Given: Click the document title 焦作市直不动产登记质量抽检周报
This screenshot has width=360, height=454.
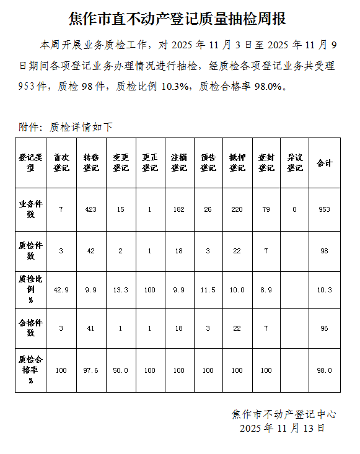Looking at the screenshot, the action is click(180, 19).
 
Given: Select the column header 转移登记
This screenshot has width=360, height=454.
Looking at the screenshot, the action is click(90, 162).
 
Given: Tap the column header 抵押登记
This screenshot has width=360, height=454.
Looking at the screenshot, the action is click(237, 162).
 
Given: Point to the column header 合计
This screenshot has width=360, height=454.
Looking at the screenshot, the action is click(324, 162).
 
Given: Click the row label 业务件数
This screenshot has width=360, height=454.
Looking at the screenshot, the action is click(31, 209).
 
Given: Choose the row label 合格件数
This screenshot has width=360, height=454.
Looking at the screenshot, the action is click(31, 328).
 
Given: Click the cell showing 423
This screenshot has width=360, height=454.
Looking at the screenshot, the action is click(90, 209).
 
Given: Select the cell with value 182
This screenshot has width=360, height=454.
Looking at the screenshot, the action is click(178, 209).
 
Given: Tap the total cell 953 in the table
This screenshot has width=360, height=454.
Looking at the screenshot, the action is click(324, 209).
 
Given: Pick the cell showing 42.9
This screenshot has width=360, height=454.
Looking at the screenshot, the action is click(61, 290).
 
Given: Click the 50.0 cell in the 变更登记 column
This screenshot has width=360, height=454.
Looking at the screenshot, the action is click(120, 370).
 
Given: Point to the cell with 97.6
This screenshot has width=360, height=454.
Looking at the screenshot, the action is click(90, 370).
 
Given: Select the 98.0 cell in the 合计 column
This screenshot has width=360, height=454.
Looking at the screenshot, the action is click(324, 370).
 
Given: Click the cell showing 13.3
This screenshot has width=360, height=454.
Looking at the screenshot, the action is click(120, 290).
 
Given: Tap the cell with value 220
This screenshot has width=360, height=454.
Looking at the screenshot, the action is click(237, 209).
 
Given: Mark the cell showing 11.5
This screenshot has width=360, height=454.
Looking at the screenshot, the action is click(208, 290).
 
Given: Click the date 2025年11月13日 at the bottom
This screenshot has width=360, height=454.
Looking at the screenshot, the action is click(282, 428).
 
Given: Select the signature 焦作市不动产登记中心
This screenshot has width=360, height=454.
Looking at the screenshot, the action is click(284, 414).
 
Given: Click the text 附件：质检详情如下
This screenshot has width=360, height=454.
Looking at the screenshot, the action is click(66, 127).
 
